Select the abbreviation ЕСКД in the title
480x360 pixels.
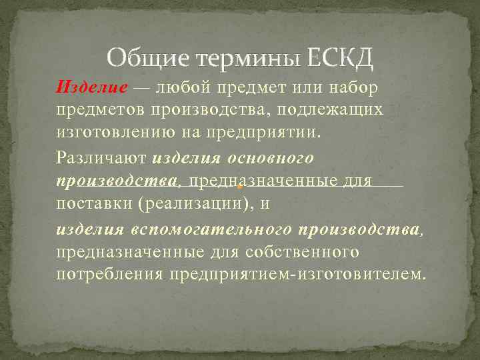(x=341, y=60)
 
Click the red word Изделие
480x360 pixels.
(x=91, y=87)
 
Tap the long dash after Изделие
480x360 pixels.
(x=141, y=87)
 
